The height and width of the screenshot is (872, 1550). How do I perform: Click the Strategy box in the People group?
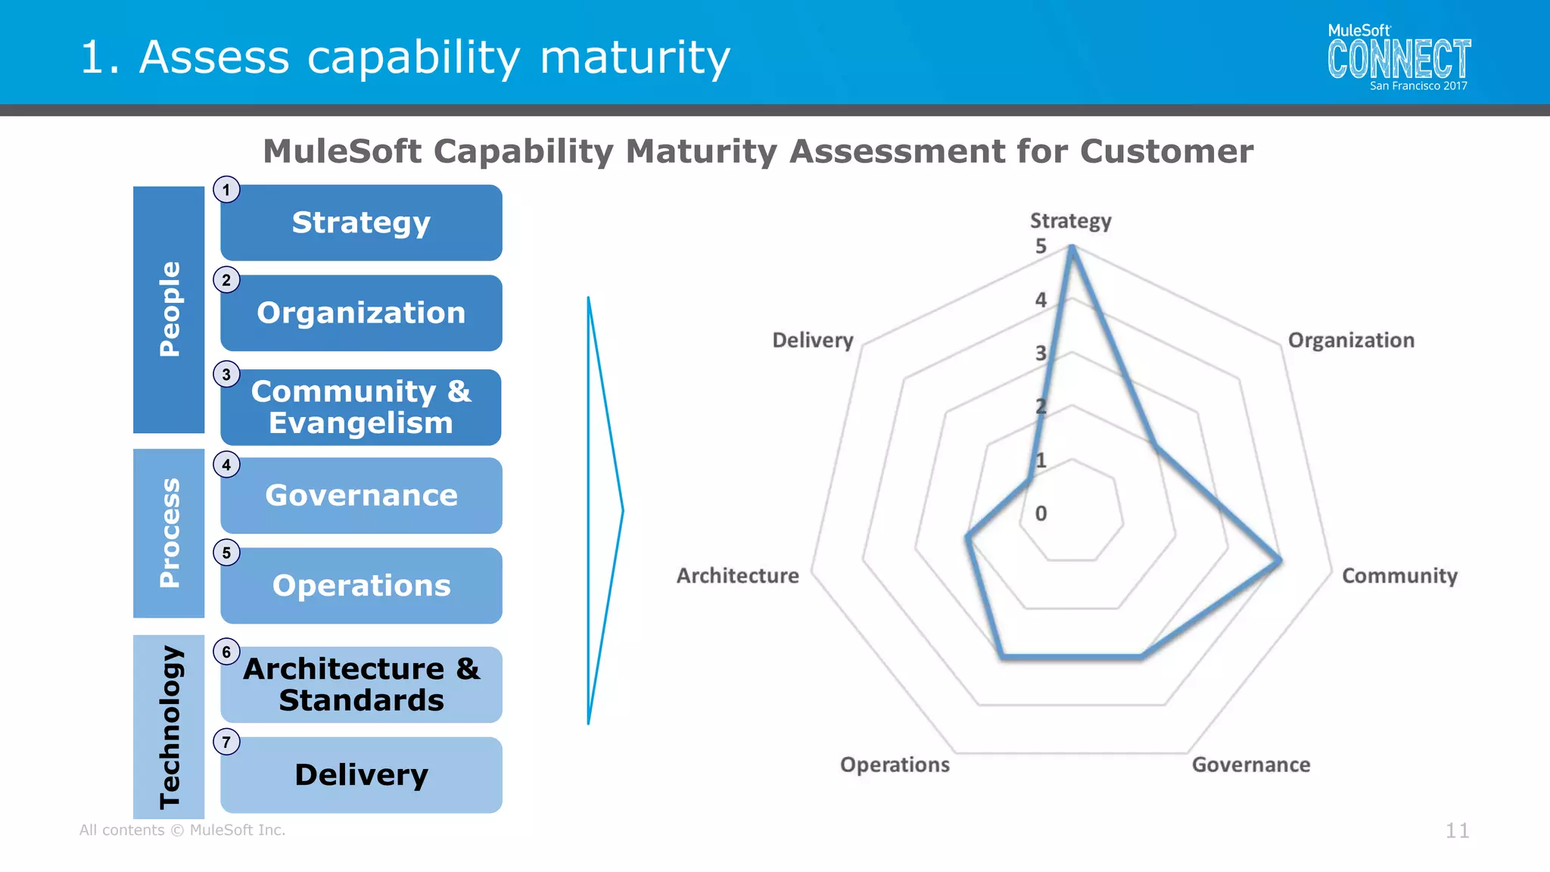click(361, 223)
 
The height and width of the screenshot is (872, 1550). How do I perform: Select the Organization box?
click(361, 313)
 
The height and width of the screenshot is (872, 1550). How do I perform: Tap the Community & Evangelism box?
click(361, 407)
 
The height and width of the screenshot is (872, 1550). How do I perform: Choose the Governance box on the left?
click(361, 495)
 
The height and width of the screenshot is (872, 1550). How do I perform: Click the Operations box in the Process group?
click(361, 585)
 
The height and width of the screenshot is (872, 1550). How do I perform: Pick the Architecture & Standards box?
click(361, 684)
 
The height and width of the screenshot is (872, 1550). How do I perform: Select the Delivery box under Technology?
click(361, 774)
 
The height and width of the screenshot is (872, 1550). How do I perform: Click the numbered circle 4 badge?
click(226, 465)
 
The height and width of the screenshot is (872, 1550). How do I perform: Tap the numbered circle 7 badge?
click(226, 742)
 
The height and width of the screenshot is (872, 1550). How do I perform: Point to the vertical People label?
click(169, 309)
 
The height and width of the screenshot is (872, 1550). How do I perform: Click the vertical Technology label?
click(169, 727)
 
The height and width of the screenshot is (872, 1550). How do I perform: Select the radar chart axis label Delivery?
click(812, 341)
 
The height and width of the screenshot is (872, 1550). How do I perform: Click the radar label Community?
click(1399, 576)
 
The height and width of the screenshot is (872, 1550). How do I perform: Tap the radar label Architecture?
click(737, 576)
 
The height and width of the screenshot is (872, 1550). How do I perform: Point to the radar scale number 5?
click(1041, 246)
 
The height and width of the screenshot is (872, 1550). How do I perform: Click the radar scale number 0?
click(1041, 513)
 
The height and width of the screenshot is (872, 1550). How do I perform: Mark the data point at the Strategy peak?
click(1071, 248)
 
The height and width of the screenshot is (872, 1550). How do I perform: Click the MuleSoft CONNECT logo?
click(1399, 58)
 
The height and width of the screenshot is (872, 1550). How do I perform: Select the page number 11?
click(1457, 830)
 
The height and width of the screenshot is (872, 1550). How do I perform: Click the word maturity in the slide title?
click(634, 58)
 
